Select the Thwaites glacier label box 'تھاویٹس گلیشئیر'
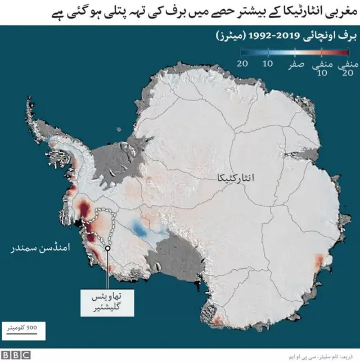106,300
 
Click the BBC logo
16,355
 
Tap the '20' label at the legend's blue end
242,63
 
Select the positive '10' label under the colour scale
268,63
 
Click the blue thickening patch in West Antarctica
137,228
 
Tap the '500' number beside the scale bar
32,326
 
